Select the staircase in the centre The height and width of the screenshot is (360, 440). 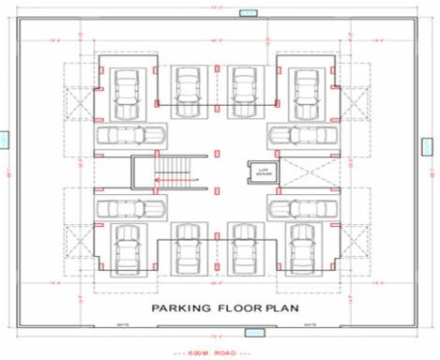pyautogui.click(x=174, y=171)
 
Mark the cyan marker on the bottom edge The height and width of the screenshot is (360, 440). pyautogui.click(x=253, y=332)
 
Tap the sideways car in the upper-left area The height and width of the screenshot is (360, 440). pyautogui.click(x=122, y=134)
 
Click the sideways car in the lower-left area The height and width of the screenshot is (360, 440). pyautogui.click(x=125, y=206)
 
